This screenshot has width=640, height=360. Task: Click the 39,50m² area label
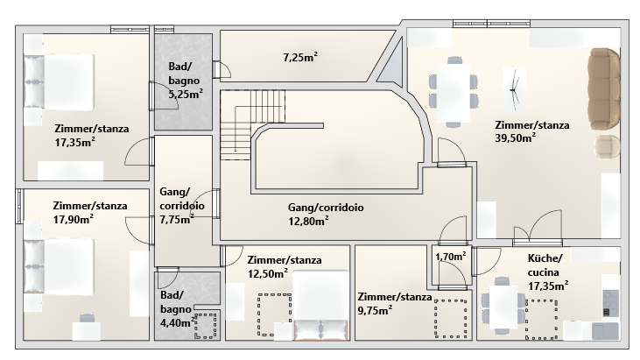click(515, 138)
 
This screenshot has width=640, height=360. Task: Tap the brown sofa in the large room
click(604, 88)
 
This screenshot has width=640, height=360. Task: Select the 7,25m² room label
click(300, 58)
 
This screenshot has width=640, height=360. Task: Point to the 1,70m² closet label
click(451, 257)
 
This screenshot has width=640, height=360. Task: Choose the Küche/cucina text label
click(545, 265)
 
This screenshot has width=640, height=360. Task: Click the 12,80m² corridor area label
click(308, 222)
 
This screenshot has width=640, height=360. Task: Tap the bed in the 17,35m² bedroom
click(59, 82)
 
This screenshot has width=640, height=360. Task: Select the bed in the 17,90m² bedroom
click(59, 266)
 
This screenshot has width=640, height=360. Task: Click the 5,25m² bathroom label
click(186, 95)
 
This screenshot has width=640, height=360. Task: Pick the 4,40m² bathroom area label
click(177, 322)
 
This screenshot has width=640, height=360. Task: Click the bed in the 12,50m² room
click(321, 306)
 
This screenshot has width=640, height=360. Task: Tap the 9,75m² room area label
click(375, 311)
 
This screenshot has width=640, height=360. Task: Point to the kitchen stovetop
click(611, 303)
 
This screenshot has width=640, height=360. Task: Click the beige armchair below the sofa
click(607, 146)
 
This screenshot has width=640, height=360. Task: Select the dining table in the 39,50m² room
click(453, 93)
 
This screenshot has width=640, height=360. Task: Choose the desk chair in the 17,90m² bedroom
click(87, 318)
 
